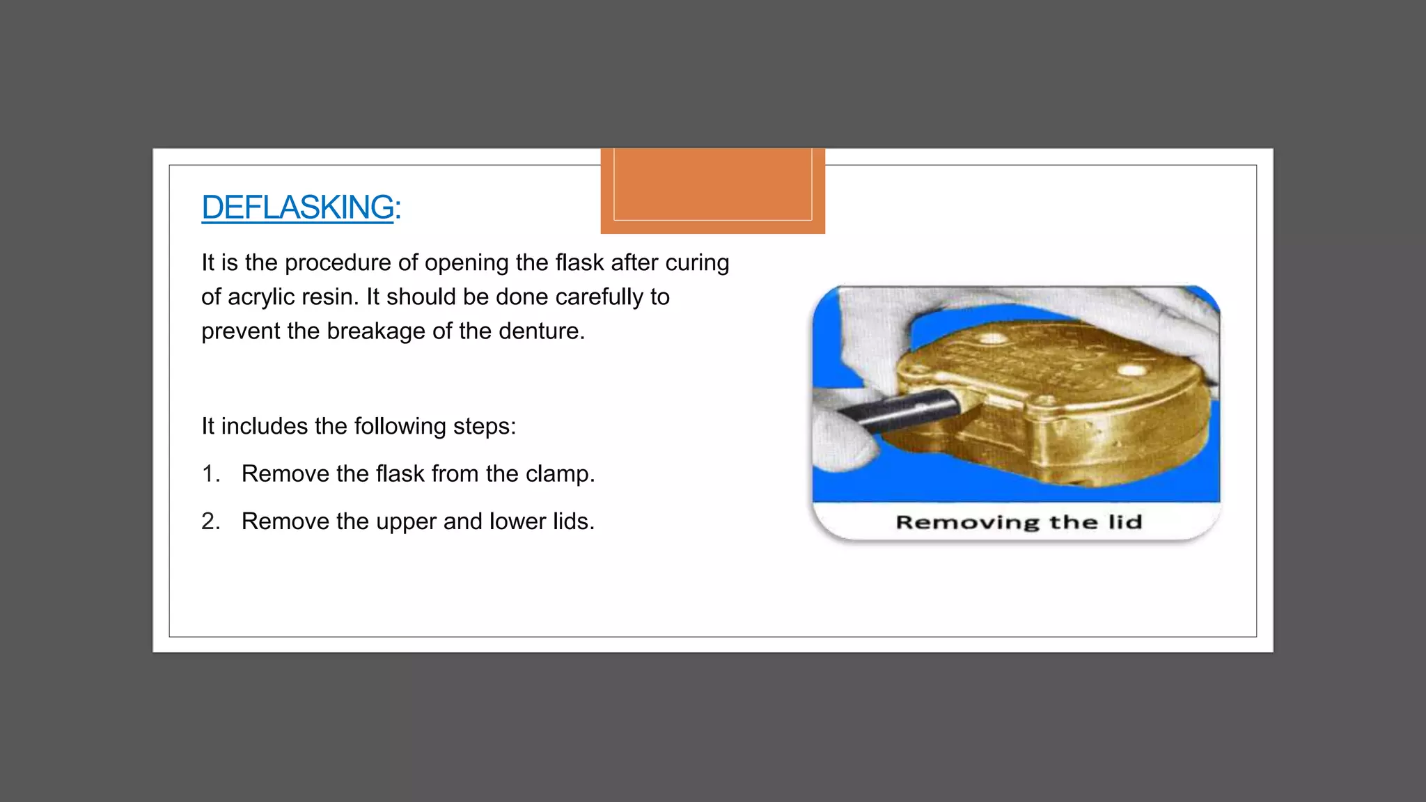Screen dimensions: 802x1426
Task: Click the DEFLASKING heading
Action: pyautogui.click(x=297, y=207)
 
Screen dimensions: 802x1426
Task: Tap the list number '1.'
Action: pyautogui.click(x=210, y=473)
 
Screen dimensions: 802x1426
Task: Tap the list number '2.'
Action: pyautogui.click(x=210, y=521)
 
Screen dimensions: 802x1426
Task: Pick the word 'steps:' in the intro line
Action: pyautogui.click(x=485, y=427)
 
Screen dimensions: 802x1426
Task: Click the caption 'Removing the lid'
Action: pyautogui.click(x=1018, y=522)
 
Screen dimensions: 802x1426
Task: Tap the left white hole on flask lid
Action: pyautogui.click(x=992, y=339)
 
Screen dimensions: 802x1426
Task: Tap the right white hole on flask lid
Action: pyautogui.click(x=1131, y=370)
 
